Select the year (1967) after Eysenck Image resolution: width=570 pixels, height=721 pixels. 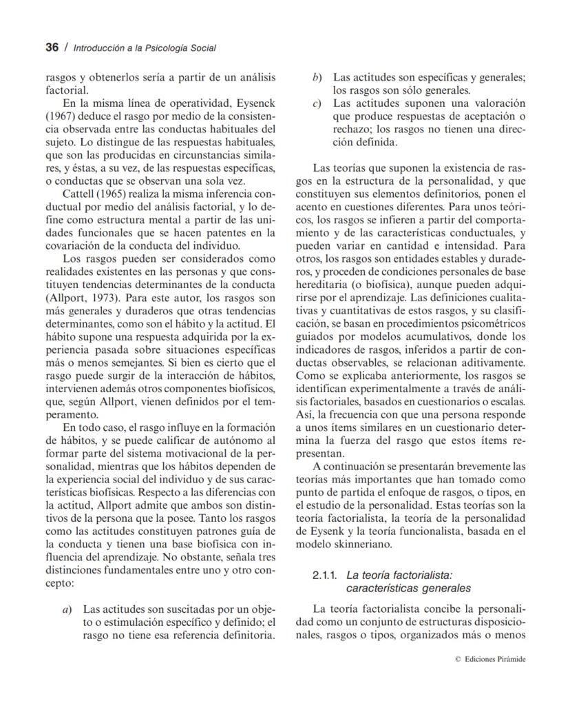click(x=61, y=116)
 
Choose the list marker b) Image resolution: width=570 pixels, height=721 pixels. click(x=317, y=77)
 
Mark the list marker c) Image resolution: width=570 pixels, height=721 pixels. click(x=317, y=103)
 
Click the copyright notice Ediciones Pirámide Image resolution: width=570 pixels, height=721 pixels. click(x=494, y=659)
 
